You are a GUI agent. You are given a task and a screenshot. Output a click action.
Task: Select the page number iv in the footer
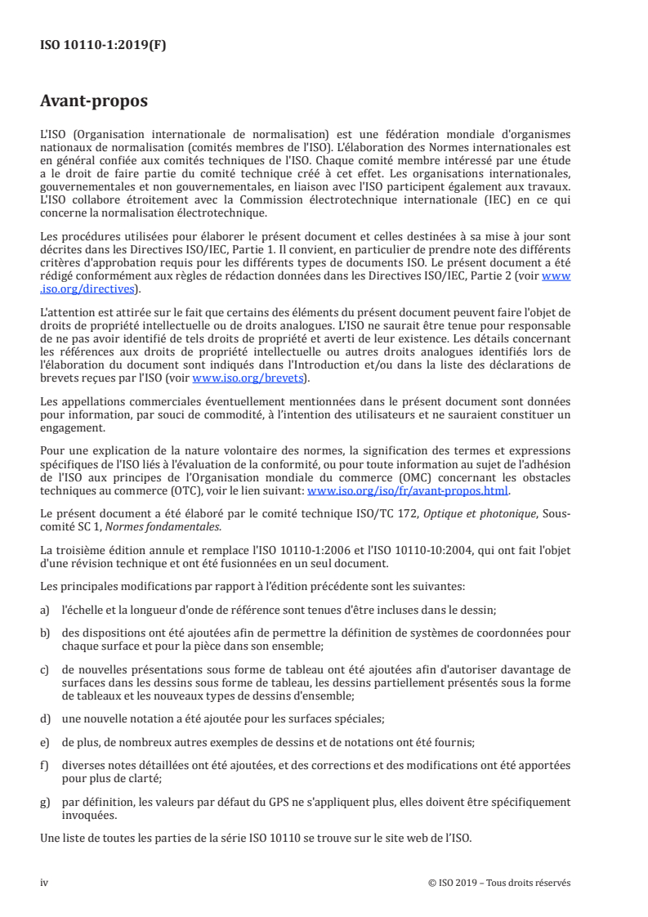click(x=45, y=883)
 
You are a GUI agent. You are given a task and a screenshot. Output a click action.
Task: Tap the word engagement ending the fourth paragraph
click(x=72, y=427)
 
